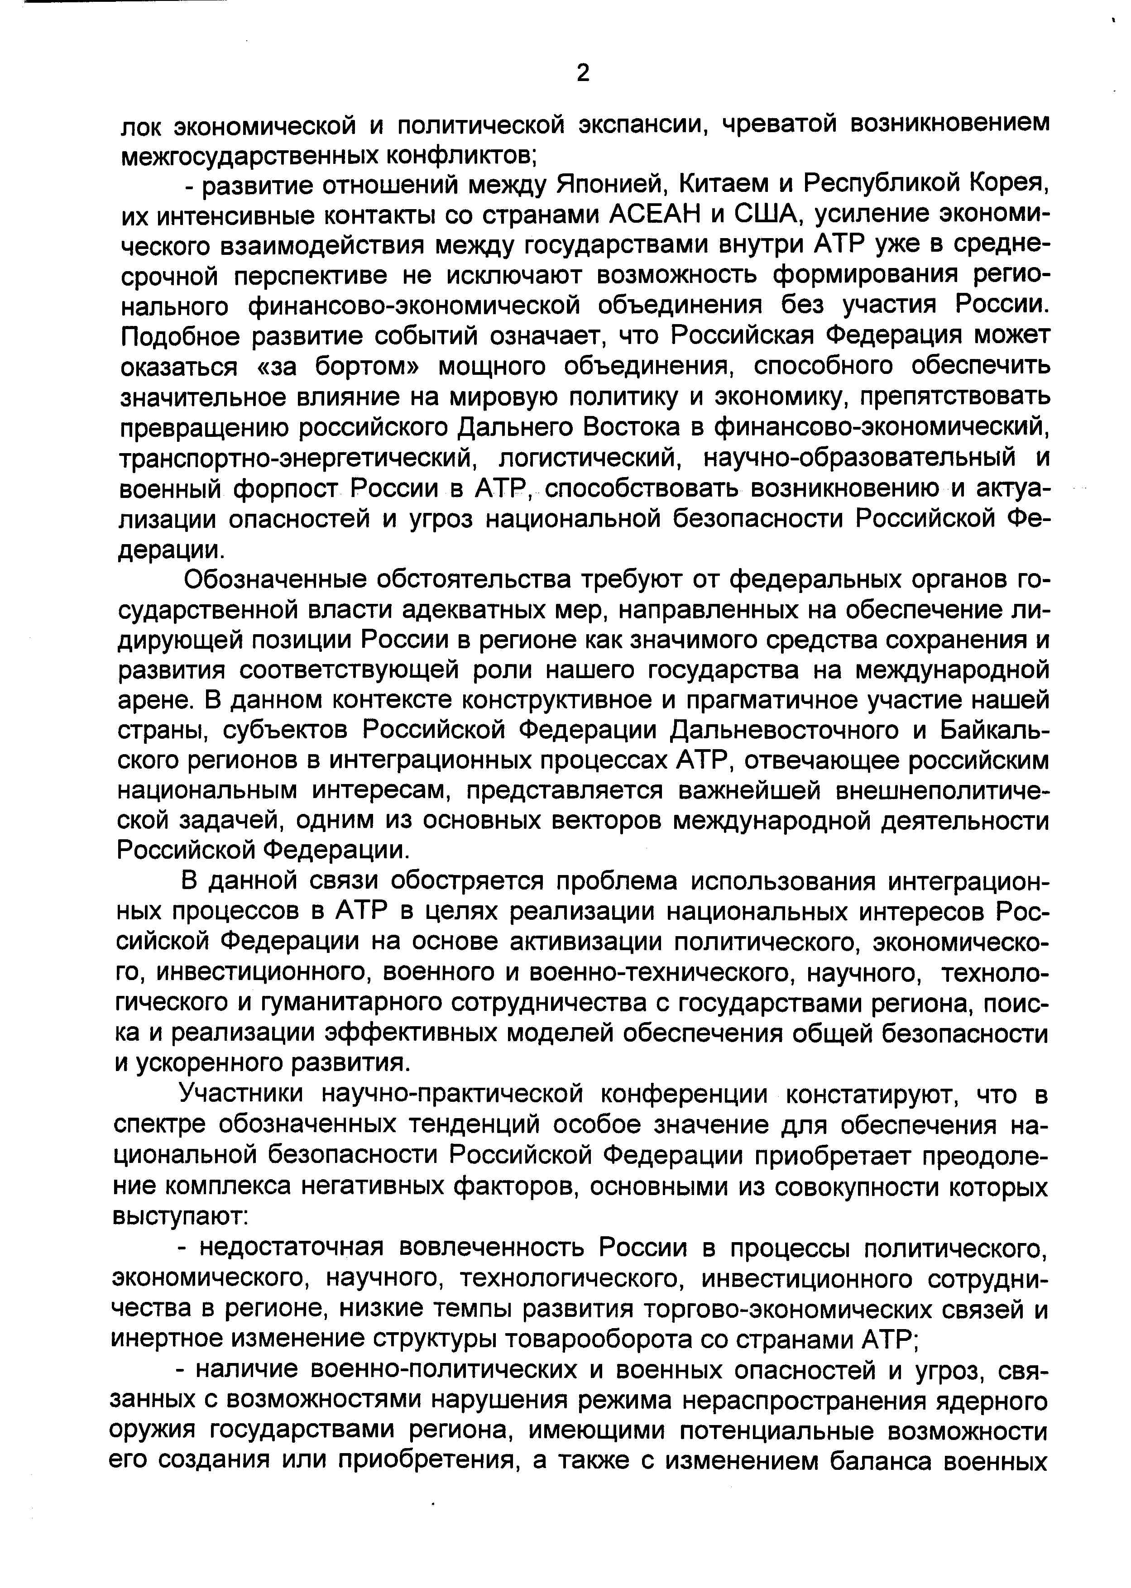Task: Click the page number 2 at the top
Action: pos(584,72)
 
